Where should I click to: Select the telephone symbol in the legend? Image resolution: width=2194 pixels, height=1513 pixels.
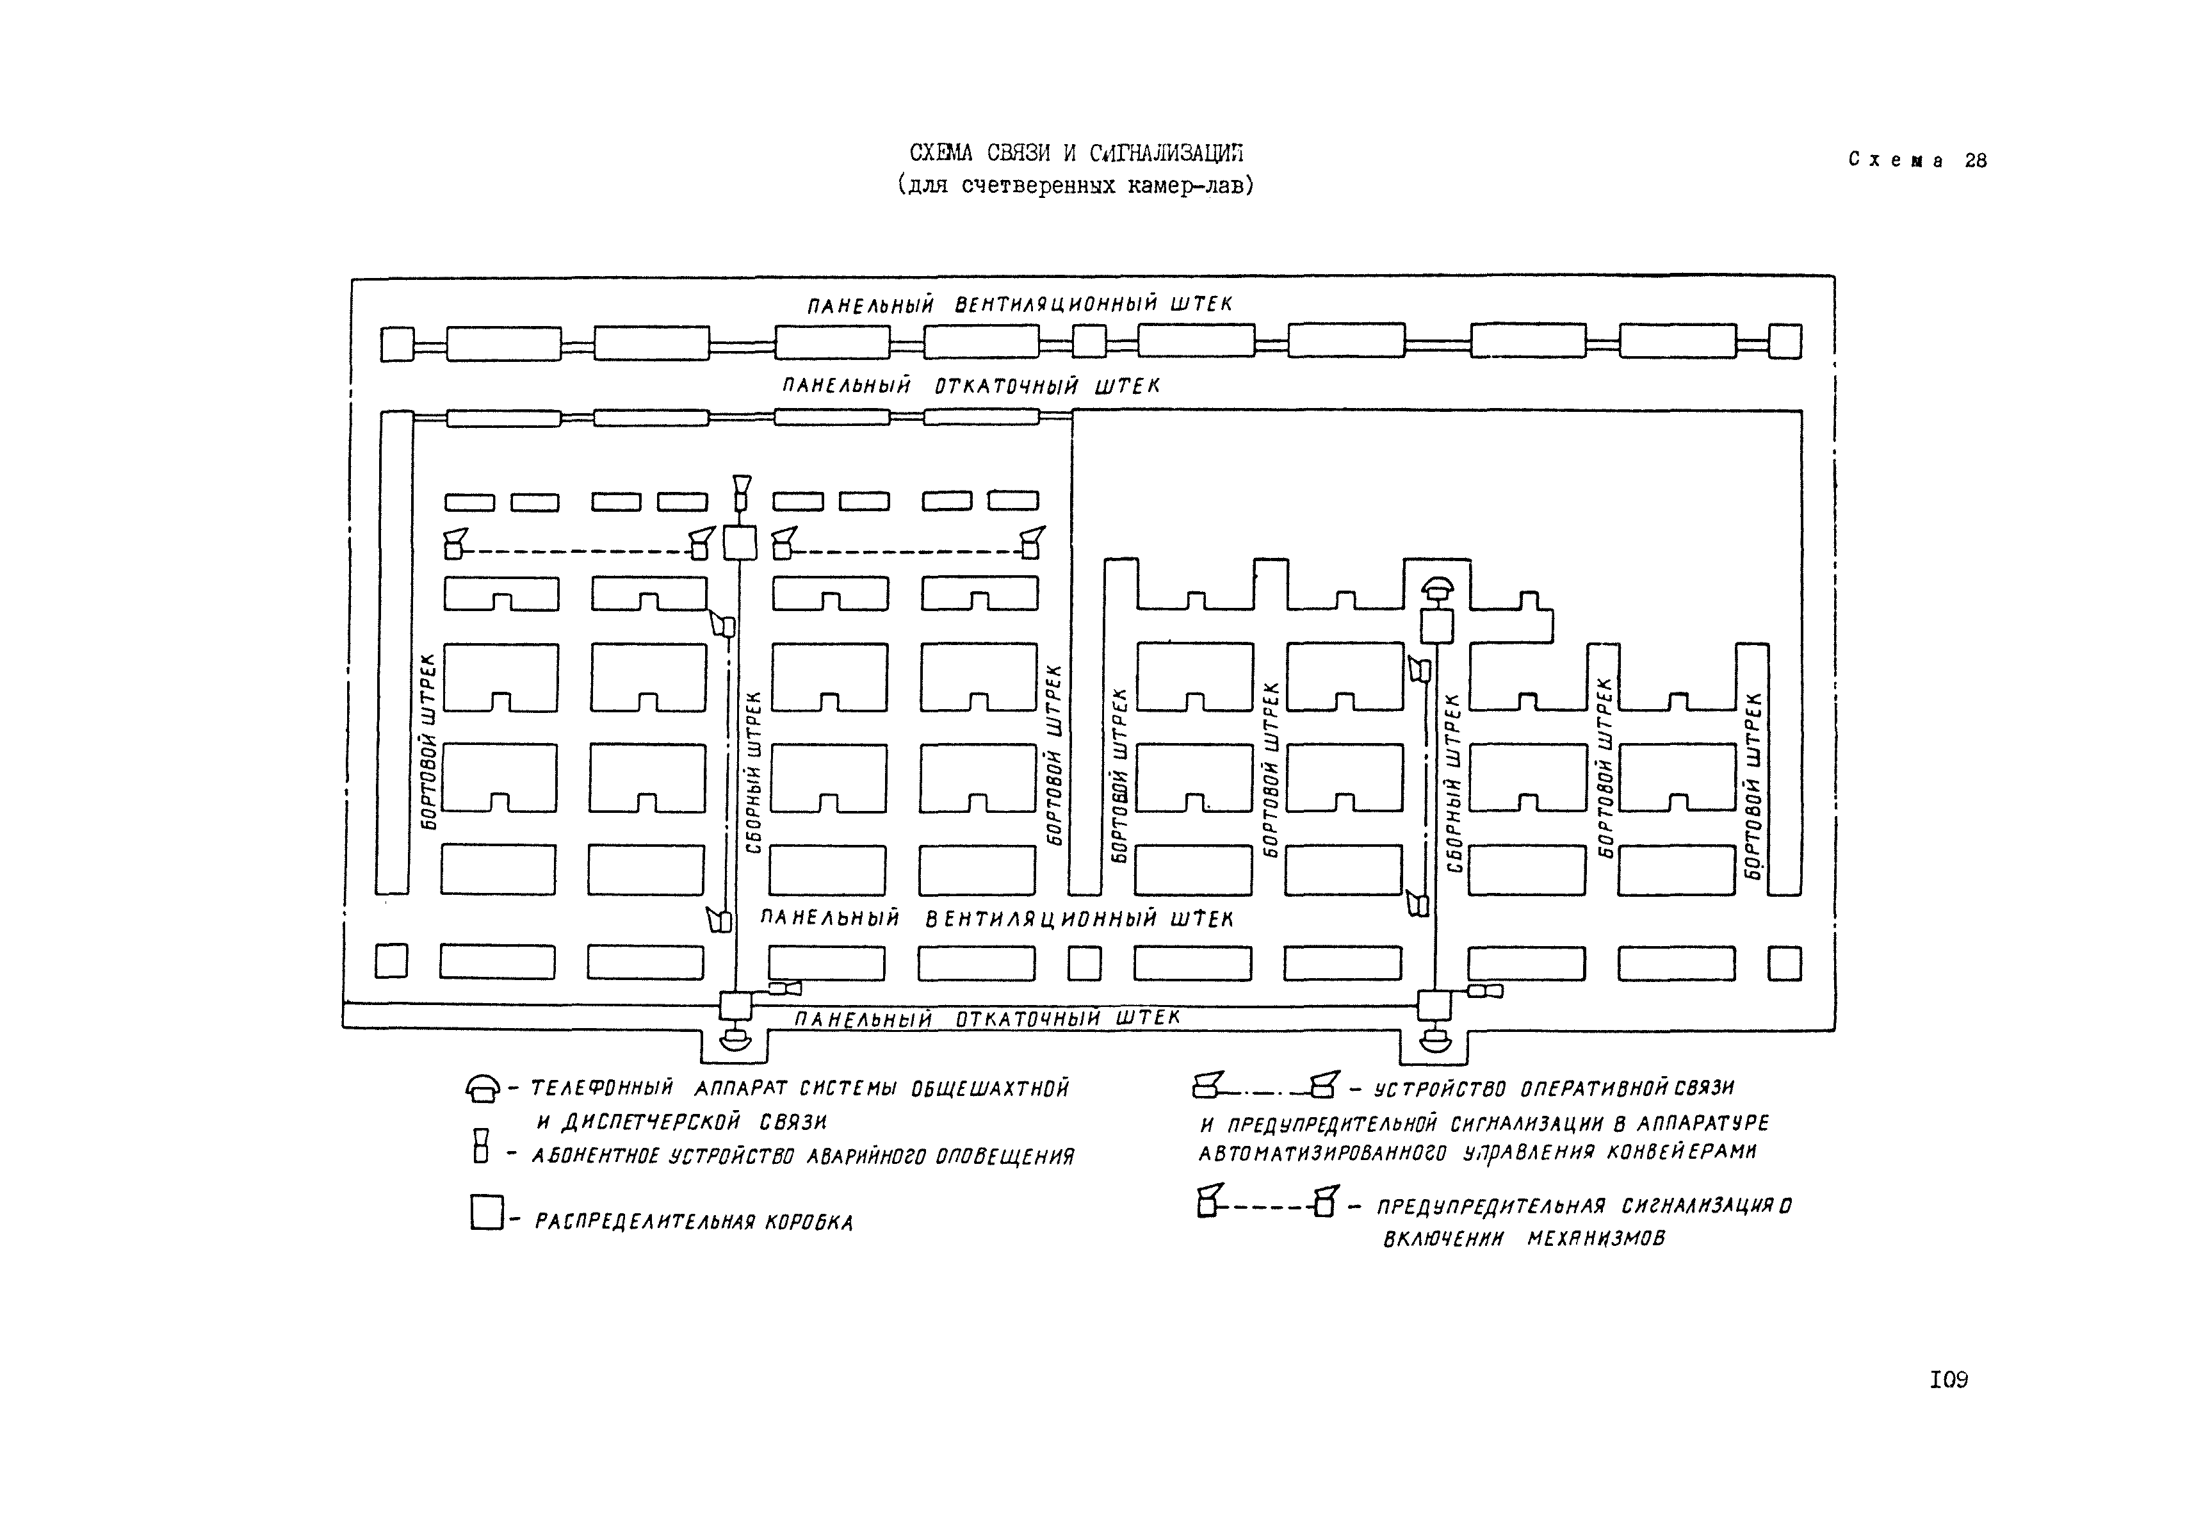pos(483,1089)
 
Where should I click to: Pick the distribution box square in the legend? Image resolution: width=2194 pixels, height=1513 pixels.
pos(486,1213)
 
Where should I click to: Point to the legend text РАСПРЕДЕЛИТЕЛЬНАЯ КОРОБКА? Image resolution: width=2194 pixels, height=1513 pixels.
pos(694,1222)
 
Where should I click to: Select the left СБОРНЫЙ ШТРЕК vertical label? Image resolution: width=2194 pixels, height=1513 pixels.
pos(754,772)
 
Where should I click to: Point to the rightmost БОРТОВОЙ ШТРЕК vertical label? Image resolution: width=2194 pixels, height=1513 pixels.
pos(1753,785)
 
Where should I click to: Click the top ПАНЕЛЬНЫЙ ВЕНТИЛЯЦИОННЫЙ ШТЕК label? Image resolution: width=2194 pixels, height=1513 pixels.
pos(1020,304)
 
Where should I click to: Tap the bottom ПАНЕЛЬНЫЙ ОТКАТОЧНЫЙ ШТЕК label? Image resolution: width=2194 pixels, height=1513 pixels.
pos(987,1018)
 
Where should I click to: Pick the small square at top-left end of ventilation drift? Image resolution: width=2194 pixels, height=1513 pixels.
pos(397,344)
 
